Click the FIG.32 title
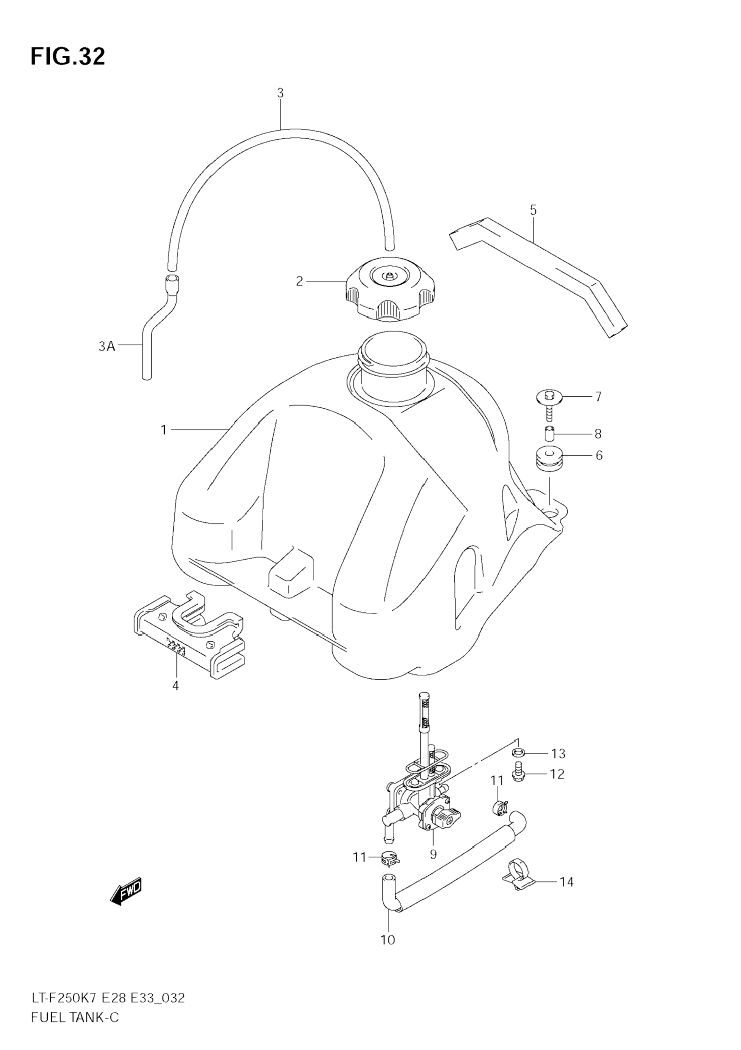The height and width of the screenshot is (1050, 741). [68, 57]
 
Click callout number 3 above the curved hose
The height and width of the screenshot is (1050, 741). [280, 93]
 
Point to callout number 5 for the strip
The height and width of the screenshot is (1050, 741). [533, 210]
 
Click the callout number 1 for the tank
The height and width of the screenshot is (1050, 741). [163, 430]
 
